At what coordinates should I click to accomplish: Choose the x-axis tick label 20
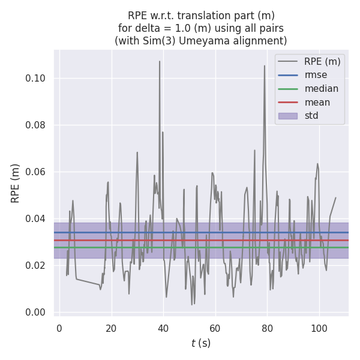111,328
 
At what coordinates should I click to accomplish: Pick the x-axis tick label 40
163,328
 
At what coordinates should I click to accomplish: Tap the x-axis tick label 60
215,328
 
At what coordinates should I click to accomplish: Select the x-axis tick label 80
268,328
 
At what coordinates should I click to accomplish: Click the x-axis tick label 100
319,328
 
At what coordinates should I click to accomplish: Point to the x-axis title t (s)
201,344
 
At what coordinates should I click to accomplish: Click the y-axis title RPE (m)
16,183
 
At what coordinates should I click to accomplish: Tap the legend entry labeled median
321,89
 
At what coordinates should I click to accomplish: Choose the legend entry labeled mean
317,102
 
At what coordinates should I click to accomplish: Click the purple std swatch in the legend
289,116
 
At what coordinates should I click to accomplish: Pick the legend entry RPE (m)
322,61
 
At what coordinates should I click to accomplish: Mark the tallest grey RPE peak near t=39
160,62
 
